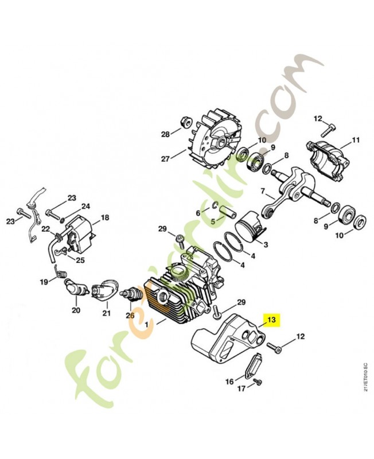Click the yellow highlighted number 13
coord(271,320)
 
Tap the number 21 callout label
coord(106,313)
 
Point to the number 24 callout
coord(85,207)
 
